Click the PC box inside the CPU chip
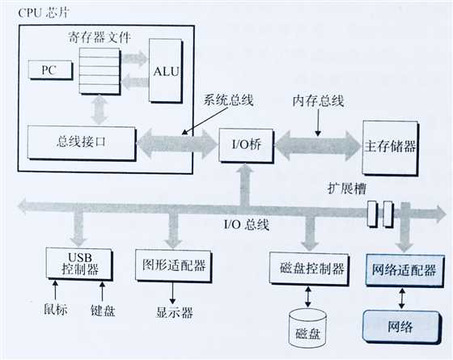pos(50,70)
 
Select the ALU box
pos(166,71)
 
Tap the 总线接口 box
pos(82,142)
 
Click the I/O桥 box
pos(246,146)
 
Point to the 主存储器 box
pos(391,147)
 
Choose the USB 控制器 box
pos(79,264)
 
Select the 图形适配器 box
pos(174,266)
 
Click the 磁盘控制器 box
pos(309,269)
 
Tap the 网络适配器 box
pos(405,270)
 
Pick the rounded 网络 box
pos(402,327)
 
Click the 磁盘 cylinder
pos(308,328)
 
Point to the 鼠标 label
pos(56,309)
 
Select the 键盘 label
pos(103,311)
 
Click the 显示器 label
pos(175,312)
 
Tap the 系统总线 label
pos(228,100)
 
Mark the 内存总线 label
pos(318,101)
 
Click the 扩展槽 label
pos(347,188)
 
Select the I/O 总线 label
pos(247,224)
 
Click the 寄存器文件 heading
pos(99,37)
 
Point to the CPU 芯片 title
pos(44,13)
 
